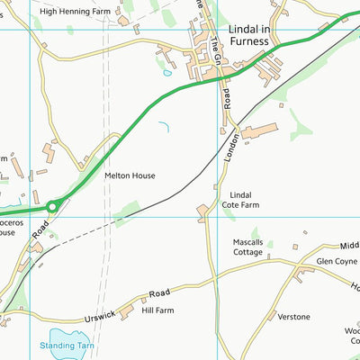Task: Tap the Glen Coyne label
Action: [x=336, y=261]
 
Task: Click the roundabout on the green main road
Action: [x=52, y=207]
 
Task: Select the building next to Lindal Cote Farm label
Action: [x=204, y=211]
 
